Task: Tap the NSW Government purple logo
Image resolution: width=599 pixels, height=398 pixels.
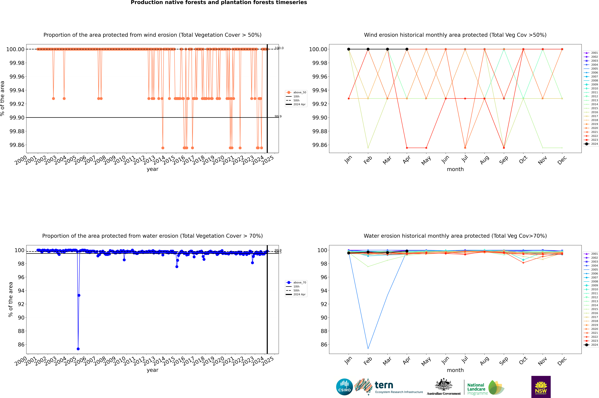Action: point(541,387)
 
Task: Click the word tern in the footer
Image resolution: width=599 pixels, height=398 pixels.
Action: point(384,385)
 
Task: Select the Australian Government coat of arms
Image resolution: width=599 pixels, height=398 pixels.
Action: point(443,385)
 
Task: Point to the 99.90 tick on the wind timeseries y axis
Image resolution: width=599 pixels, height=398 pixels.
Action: point(17,118)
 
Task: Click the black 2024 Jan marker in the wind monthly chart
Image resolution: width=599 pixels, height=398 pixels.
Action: point(349,49)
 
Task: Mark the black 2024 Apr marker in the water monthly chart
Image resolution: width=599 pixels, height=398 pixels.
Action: point(407,251)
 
